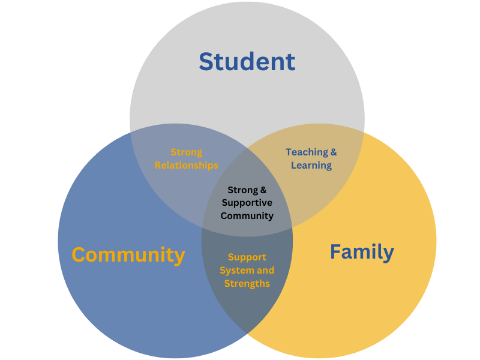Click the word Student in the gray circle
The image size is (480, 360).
pyautogui.click(x=247, y=62)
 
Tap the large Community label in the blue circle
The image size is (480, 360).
pyautogui.click(x=128, y=256)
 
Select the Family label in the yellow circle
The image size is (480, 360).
pyautogui.click(x=362, y=253)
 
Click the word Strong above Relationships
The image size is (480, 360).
pyautogui.click(x=187, y=152)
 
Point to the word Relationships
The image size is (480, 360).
pyautogui.click(x=187, y=166)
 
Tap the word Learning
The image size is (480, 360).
pyautogui.click(x=311, y=166)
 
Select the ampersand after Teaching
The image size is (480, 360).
pyautogui.click(x=334, y=152)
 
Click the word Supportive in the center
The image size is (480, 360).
pyautogui.click(x=247, y=203)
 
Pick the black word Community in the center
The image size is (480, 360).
pyautogui.click(x=247, y=216)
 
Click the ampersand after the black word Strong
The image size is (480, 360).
pyautogui.click(x=263, y=190)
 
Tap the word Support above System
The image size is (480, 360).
pyautogui.click(x=247, y=257)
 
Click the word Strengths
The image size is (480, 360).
pyautogui.click(x=247, y=283)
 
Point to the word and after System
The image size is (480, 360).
pyautogui.click(x=265, y=271)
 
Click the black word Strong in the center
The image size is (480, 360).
pyautogui.click(x=243, y=190)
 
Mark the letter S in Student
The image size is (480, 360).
pyautogui.click(x=206, y=62)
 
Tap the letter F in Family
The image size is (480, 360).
pyautogui.click(x=336, y=251)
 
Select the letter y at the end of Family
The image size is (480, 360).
pyautogui.click(x=388, y=254)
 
